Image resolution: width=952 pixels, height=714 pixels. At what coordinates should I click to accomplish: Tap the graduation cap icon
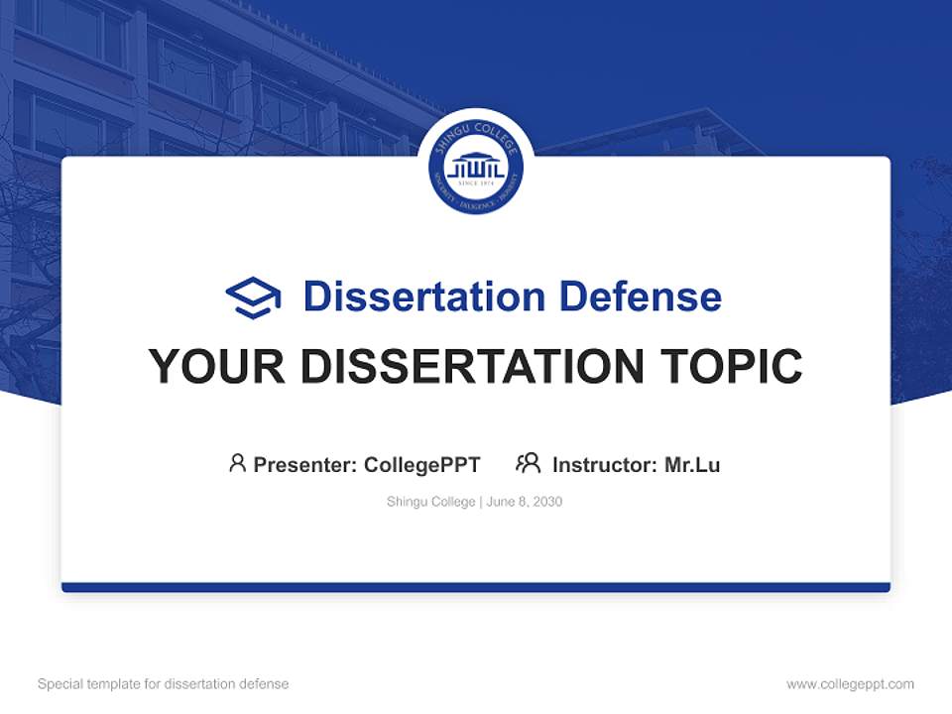coord(253,297)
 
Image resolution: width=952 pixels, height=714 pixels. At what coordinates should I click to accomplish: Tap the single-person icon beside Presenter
coord(237,463)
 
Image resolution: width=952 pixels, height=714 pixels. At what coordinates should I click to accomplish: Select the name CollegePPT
coord(422,465)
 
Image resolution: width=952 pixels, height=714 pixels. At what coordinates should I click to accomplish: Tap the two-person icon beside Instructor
coord(528,463)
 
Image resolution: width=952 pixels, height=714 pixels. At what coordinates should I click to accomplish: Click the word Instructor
coord(605,465)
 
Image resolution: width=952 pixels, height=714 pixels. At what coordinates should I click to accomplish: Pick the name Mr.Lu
coord(692,465)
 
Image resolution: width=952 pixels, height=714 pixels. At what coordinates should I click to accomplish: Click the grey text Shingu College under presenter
coord(431,502)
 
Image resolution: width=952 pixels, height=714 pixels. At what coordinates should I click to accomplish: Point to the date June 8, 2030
coord(525,502)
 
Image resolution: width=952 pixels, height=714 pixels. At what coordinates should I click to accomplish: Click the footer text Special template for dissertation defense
coord(164,684)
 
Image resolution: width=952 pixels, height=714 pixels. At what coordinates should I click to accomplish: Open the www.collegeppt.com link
coord(850,684)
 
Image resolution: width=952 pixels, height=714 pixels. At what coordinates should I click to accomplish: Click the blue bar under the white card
coord(476,587)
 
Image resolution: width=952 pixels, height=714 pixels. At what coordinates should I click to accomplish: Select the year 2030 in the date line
coord(547,502)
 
